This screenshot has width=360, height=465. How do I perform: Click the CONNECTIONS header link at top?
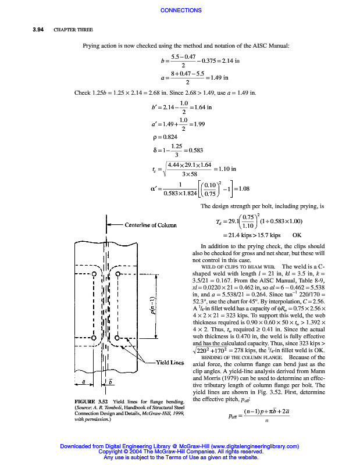click(180, 10)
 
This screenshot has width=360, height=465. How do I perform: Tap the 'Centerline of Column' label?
click(151, 225)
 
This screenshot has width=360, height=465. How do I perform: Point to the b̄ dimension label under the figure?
click(112, 382)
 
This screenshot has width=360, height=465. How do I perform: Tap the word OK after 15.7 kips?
click(297, 235)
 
